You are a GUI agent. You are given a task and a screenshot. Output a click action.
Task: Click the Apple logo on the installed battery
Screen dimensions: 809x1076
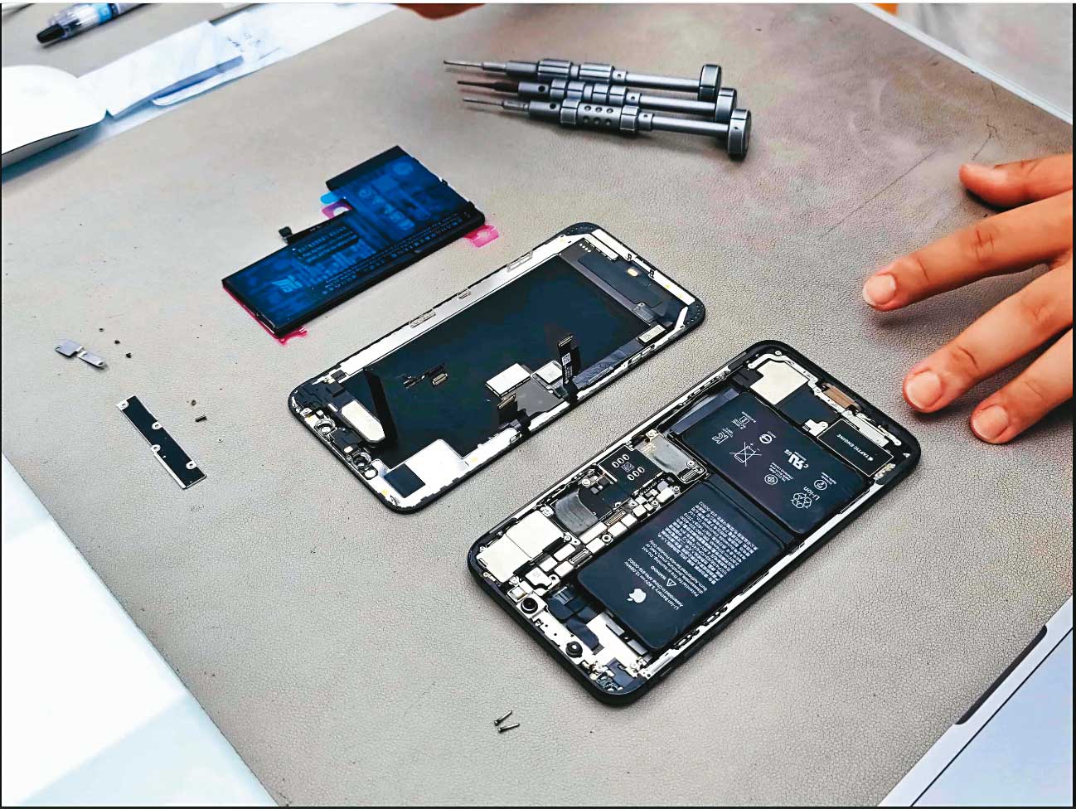(x=637, y=596)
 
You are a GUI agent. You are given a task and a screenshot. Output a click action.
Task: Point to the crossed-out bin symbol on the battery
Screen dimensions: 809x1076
(x=742, y=453)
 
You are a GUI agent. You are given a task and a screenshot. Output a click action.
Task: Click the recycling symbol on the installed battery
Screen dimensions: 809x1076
(x=800, y=499)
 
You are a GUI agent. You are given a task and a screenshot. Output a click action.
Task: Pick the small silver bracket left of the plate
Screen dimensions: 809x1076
(x=81, y=354)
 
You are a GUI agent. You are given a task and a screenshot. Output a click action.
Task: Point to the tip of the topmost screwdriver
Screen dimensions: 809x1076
(x=448, y=63)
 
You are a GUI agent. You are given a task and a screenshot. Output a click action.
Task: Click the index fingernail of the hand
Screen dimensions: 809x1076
(x=880, y=290)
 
